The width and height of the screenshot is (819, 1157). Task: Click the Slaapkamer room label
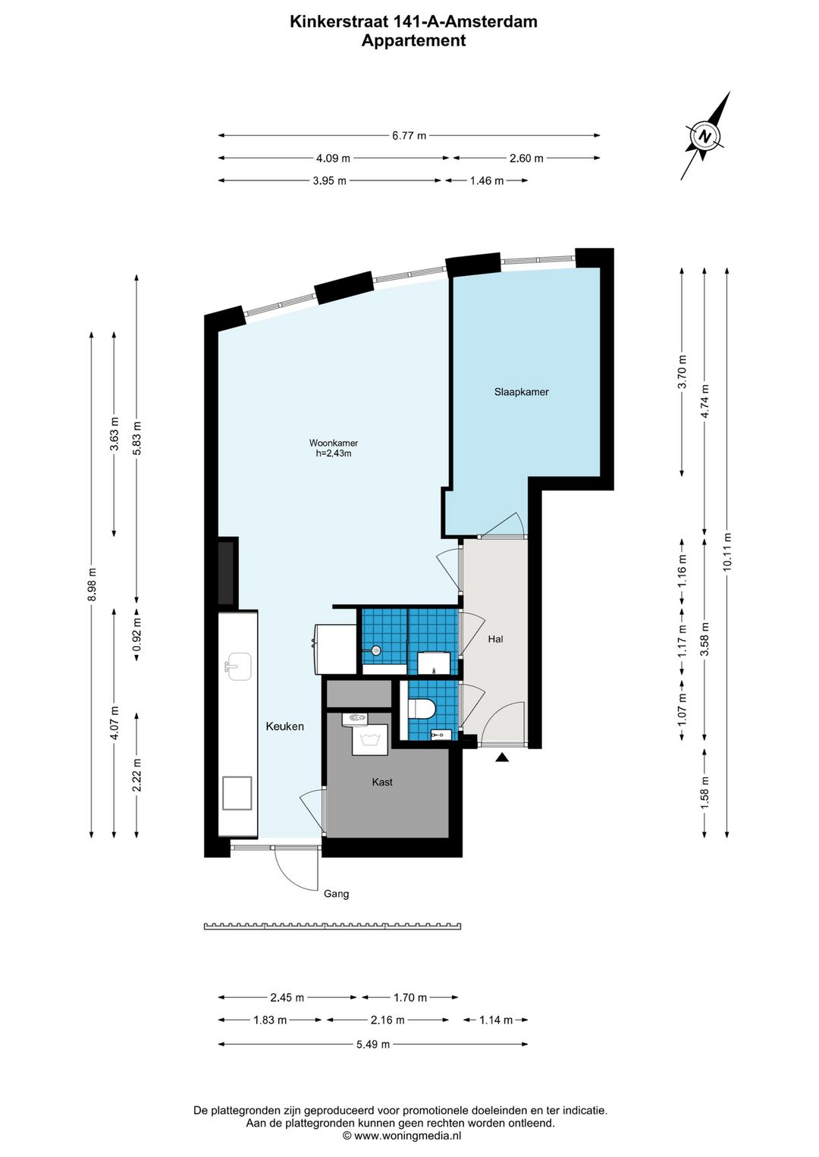point(522,392)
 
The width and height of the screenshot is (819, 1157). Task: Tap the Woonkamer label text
point(333,443)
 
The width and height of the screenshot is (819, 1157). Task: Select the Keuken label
point(284,726)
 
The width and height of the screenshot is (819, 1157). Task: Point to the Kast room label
point(382,782)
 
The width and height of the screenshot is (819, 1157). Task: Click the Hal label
point(495,639)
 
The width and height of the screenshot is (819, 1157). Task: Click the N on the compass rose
point(703,136)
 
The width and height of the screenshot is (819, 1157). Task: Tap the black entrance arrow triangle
point(502,757)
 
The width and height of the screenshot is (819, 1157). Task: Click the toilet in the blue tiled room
point(422,707)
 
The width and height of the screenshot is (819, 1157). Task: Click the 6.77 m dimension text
point(409,136)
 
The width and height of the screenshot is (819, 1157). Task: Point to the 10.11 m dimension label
point(727,552)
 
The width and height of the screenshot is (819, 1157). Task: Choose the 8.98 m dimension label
point(92,584)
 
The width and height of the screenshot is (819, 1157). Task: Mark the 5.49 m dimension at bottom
point(373,1044)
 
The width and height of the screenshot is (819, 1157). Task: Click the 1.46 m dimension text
point(487,180)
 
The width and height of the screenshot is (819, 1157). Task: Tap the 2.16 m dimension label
point(388,1020)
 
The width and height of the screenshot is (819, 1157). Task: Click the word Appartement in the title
point(413,40)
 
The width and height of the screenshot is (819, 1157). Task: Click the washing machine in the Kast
point(370,739)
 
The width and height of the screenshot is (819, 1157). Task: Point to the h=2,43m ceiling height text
point(334,453)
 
